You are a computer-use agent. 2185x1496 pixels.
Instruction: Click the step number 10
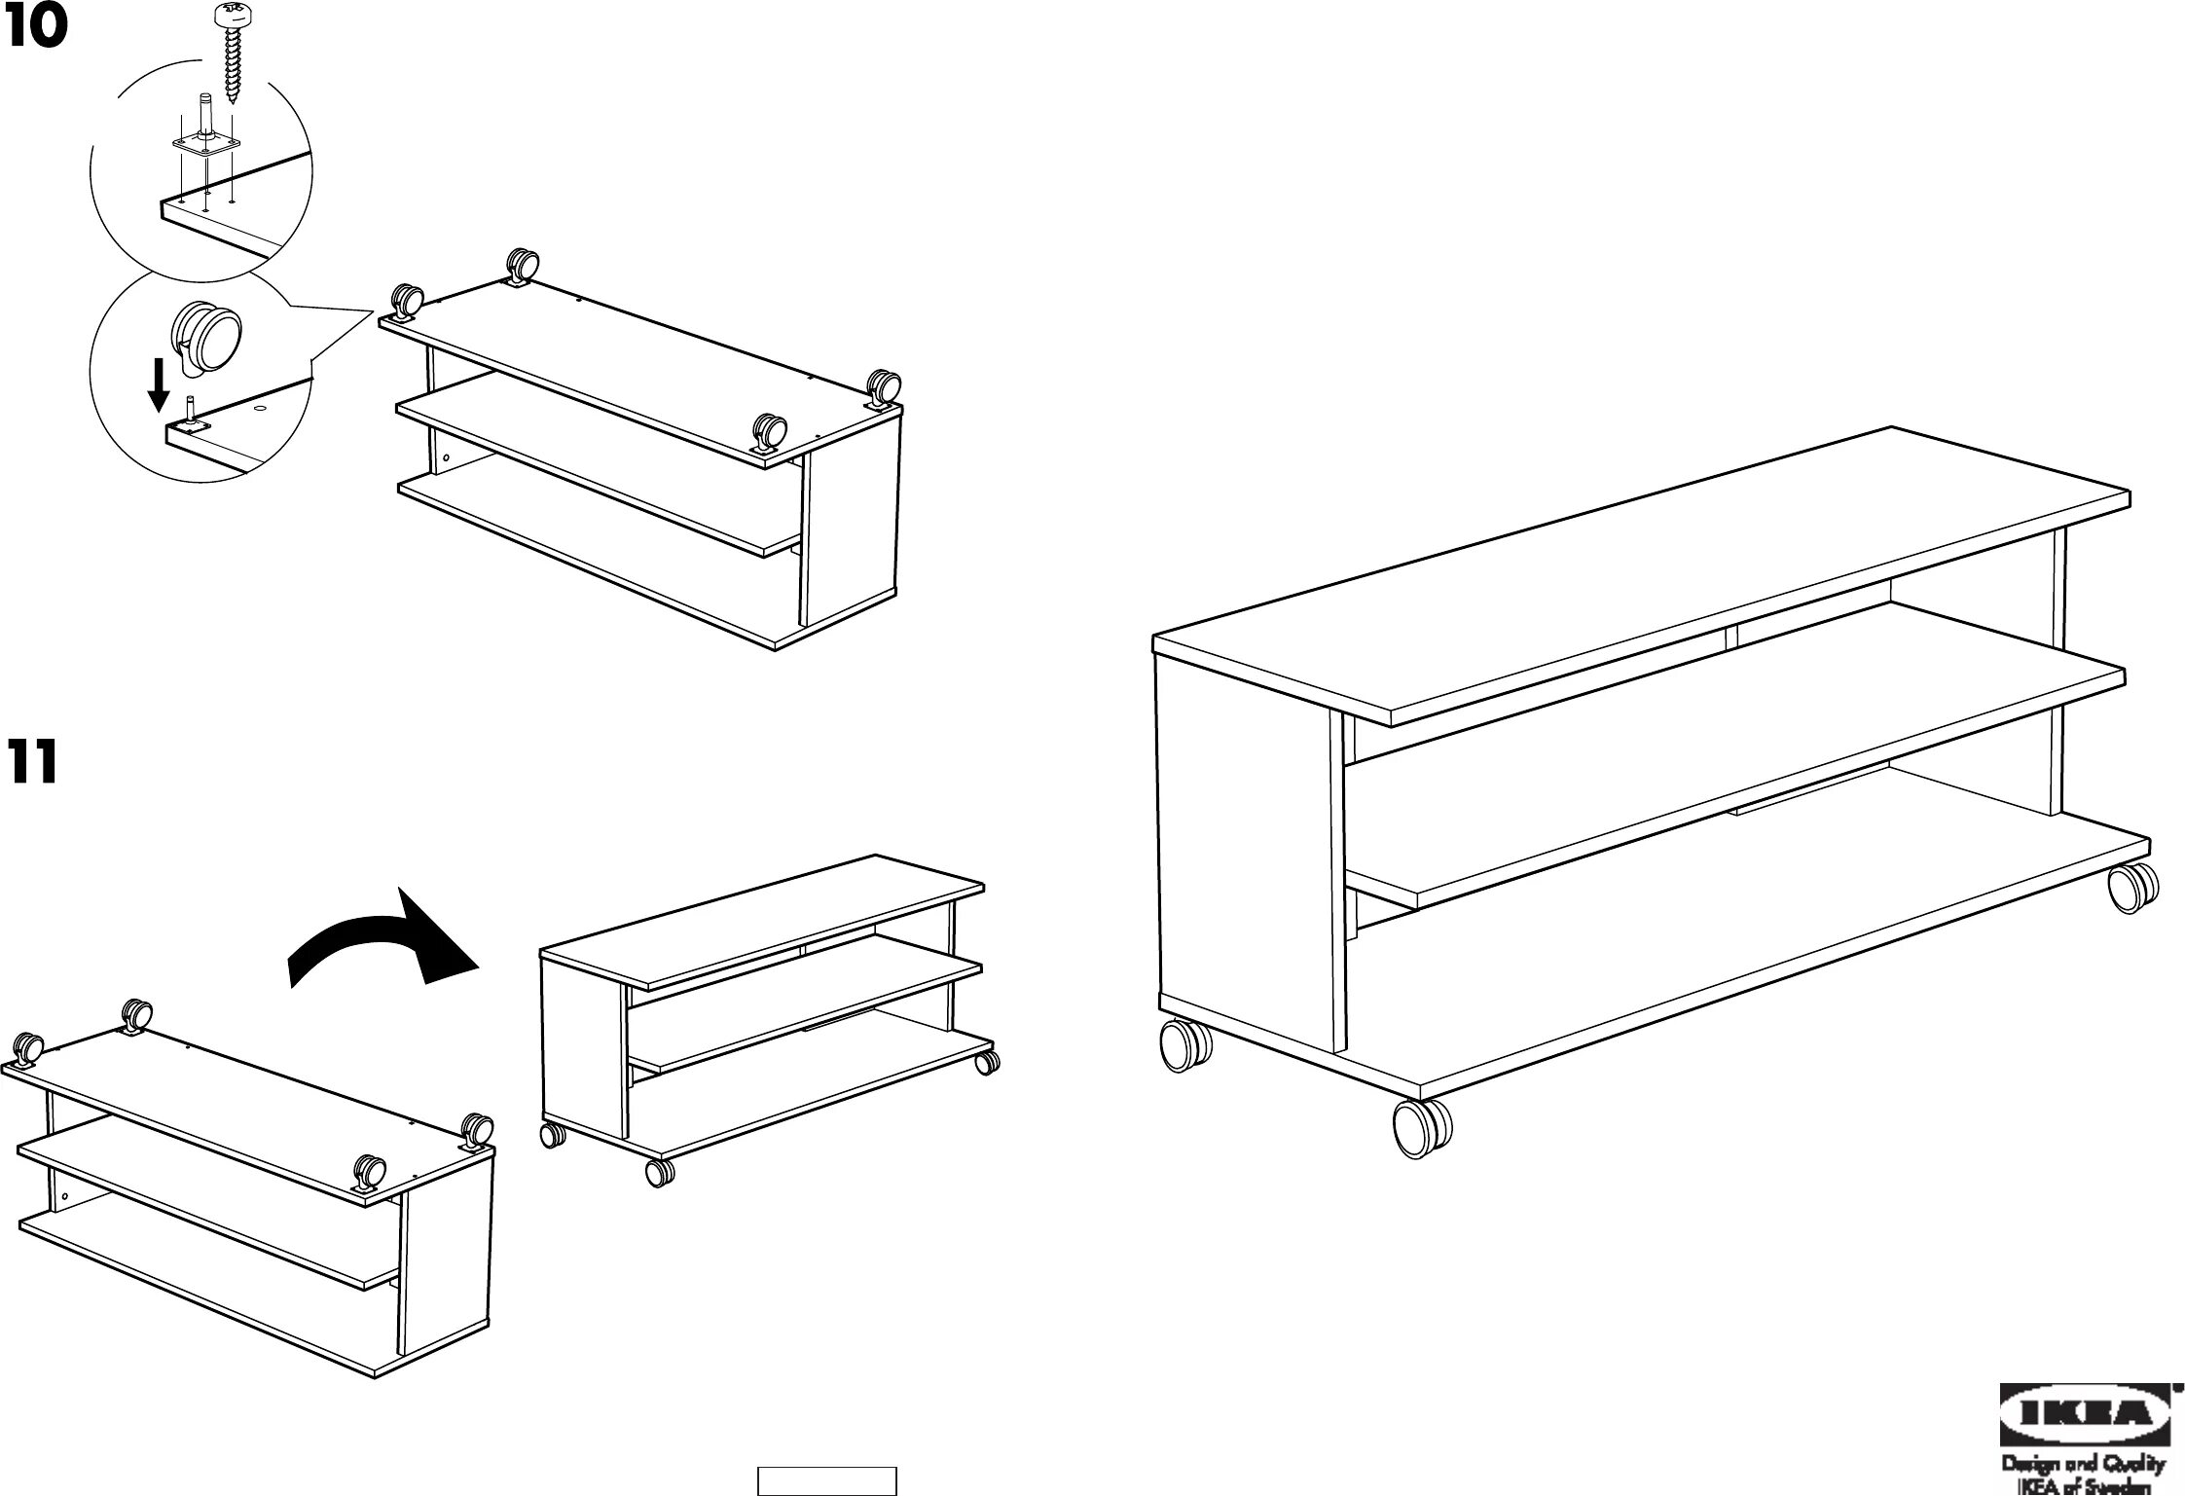pos(36,26)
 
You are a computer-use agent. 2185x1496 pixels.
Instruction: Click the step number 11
pos(32,762)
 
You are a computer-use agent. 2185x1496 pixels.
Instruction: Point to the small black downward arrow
pos(158,384)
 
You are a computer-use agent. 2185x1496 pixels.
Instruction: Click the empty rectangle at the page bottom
pos(826,1479)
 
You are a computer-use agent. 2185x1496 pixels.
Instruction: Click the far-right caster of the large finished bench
pos(2132,888)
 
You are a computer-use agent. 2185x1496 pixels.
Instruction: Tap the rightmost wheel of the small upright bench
pos(987,1062)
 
